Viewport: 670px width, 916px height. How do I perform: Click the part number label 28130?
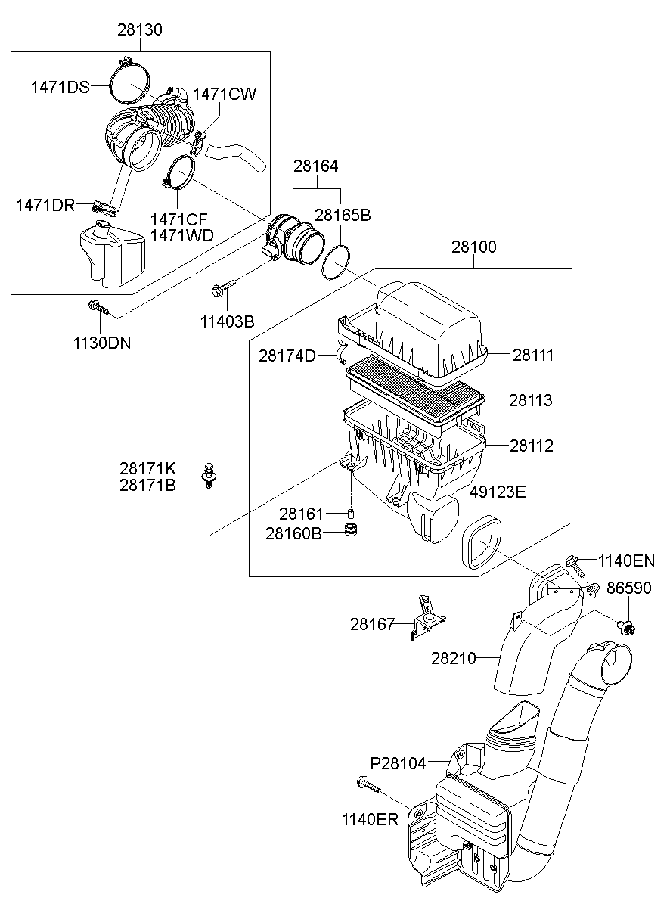click(139, 30)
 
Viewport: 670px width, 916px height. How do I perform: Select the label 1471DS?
click(60, 87)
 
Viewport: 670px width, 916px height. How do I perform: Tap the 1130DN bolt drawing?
click(98, 307)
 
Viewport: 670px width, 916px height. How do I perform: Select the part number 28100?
click(474, 247)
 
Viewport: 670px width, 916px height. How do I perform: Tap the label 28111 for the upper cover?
click(532, 355)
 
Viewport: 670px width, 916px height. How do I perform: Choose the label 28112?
click(531, 446)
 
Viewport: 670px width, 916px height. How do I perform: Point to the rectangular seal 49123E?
click(481, 542)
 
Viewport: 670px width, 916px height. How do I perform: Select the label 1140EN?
click(626, 560)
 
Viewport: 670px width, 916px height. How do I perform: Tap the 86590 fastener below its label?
click(625, 625)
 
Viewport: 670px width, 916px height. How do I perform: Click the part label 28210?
click(454, 658)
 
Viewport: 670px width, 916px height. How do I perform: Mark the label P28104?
click(398, 762)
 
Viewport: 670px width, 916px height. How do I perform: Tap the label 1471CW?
click(225, 95)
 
